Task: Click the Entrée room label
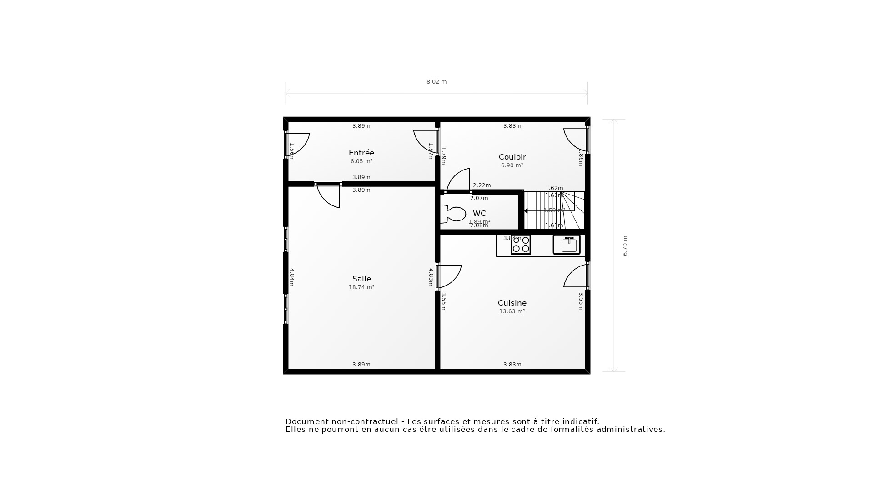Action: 361,153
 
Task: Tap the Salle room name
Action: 361,279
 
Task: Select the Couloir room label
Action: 512,157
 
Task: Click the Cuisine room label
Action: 512,303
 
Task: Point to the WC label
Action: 479,214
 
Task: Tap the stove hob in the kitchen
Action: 521,245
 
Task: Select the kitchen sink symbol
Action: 567,245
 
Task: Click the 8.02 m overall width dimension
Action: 436,82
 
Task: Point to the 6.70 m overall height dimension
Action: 625,245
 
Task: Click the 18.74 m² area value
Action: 361,287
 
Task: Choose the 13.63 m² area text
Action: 512,311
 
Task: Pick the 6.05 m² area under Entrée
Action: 361,161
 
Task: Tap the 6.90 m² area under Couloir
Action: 512,165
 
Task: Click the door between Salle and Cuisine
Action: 449,276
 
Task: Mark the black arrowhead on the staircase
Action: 526,211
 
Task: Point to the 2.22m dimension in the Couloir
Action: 482,185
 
